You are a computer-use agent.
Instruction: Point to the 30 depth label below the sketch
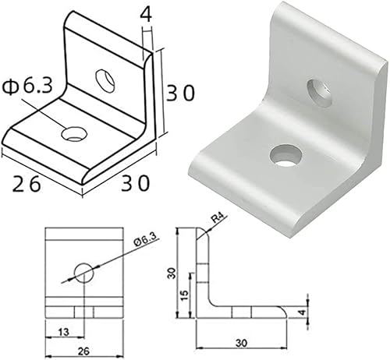134,183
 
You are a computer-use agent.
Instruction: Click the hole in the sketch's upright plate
104,78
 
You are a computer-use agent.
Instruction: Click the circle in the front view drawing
83,273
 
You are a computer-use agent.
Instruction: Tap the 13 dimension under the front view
62,332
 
